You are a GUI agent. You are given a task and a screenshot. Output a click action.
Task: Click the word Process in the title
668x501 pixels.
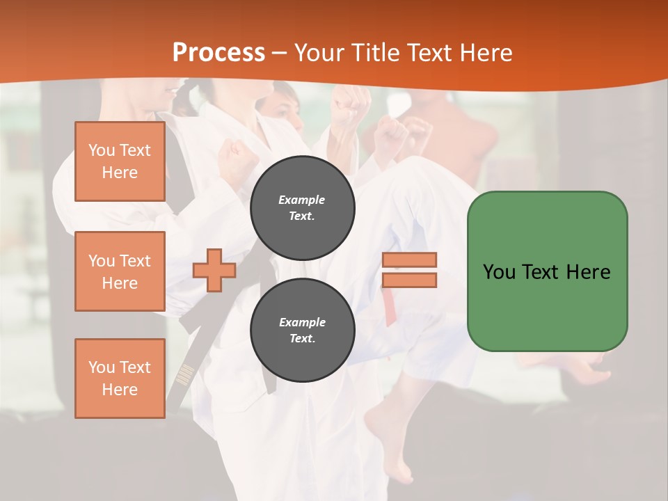pyautogui.click(x=218, y=53)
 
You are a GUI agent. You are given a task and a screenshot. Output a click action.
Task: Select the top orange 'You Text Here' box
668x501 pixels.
pyautogui.click(x=120, y=161)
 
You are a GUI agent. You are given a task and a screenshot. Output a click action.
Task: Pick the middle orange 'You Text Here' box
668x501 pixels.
pyautogui.click(x=120, y=271)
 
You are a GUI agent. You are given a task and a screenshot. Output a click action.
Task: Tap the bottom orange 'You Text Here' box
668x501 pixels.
pyautogui.click(x=120, y=378)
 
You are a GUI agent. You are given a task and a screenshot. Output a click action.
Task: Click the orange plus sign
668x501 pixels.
pyautogui.click(x=214, y=270)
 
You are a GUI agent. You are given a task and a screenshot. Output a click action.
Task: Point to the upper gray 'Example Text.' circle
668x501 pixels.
pyautogui.click(x=302, y=207)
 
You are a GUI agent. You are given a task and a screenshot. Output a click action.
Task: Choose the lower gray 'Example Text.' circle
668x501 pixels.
pyautogui.click(x=302, y=330)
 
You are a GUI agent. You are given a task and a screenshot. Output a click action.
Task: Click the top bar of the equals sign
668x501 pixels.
pyautogui.click(x=410, y=260)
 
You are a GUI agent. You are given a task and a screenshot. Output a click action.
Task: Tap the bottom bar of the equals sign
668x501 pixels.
pyautogui.click(x=410, y=280)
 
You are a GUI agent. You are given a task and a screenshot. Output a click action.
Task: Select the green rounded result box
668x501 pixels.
pyautogui.click(x=547, y=271)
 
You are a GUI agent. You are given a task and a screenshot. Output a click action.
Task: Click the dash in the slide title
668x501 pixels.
pyautogui.click(x=280, y=53)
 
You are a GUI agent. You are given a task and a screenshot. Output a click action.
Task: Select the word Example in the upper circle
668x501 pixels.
pyautogui.click(x=302, y=200)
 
